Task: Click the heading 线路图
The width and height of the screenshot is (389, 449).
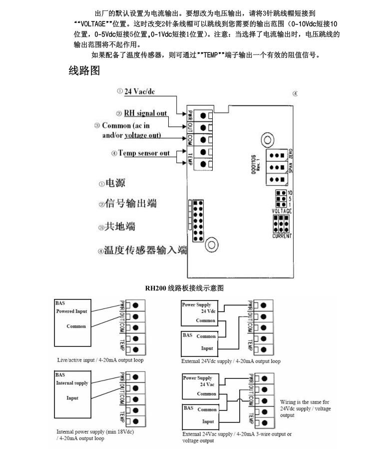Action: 84,71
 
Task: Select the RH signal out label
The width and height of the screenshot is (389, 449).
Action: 145,113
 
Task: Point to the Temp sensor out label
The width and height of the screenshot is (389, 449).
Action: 144,153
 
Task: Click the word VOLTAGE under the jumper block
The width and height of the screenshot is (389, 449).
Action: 282,211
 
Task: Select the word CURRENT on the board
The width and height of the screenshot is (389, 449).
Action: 282,235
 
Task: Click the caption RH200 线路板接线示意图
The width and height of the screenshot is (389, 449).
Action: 184,288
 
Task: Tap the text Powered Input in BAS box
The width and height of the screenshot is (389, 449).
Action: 71,311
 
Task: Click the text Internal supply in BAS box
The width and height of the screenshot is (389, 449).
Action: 72,383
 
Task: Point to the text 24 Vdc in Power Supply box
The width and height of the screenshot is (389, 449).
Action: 208,311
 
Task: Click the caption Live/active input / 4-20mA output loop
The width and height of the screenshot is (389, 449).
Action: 100,359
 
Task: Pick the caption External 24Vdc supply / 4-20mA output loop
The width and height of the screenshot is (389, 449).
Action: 231,361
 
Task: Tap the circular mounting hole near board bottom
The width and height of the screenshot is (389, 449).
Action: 212,244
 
